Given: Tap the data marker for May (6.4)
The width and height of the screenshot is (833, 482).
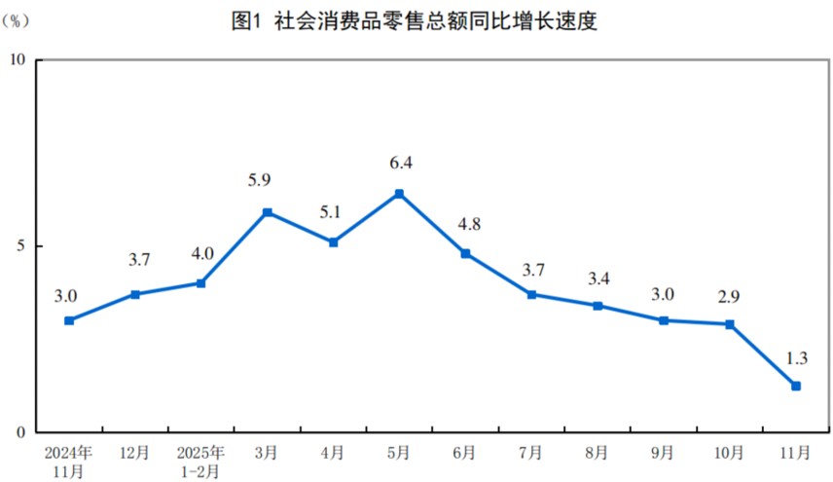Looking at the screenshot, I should [x=399, y=194].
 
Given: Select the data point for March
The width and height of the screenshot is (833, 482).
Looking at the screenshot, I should [x=268, y=212].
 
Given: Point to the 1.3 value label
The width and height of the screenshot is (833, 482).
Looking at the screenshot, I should [x=795, y=355].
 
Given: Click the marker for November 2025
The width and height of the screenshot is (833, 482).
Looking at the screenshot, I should [x=796, y=386].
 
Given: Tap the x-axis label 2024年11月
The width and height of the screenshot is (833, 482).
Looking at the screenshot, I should [x=68, y=462].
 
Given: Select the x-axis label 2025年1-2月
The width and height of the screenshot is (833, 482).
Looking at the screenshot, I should [x=200, y=462].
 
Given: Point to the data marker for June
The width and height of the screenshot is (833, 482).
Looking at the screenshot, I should [x=465, y=253].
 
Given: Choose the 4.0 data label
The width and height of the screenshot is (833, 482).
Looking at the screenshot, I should [x=200, y=254].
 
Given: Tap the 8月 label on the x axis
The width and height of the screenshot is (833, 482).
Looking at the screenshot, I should [x=598, y=453].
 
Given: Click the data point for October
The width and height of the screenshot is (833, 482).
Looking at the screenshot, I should [x=730, y=324].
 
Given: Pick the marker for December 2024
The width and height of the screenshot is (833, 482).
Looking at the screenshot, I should [x=135, y=294].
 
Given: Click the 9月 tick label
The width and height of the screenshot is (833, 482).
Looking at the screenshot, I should [x=664, y=453].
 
